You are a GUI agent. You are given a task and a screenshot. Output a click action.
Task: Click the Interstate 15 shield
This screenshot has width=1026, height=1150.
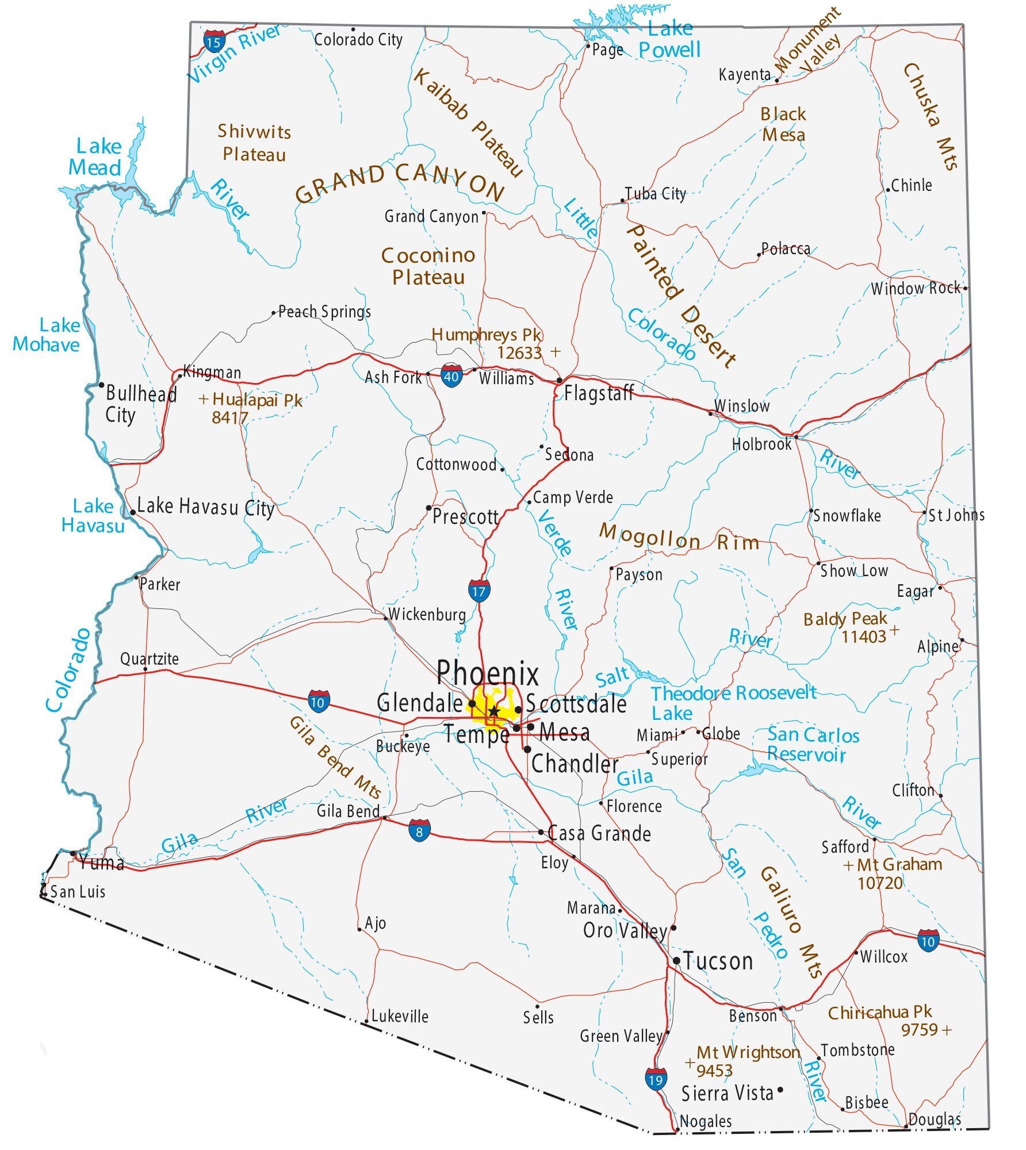213,41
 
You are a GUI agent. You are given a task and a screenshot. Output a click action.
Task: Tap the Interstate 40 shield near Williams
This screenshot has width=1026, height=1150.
451,376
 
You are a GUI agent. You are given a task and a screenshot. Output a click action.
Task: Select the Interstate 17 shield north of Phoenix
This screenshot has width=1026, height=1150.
478,591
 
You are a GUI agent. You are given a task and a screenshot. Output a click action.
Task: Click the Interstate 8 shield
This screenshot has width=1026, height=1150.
420,831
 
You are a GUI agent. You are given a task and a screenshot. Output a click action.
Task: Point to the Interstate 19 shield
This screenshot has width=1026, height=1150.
656,1079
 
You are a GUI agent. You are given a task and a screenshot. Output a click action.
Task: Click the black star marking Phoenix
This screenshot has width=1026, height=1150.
493,712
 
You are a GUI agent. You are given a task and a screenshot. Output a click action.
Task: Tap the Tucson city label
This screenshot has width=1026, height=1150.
717,961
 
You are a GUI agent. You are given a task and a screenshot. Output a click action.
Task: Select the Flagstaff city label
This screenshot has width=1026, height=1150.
598,393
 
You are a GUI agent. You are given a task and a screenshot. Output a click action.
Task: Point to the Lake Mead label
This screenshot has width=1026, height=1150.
96,157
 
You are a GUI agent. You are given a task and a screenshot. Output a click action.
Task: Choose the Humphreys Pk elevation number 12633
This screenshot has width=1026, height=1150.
519,352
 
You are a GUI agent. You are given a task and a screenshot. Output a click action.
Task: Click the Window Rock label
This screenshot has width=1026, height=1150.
915,288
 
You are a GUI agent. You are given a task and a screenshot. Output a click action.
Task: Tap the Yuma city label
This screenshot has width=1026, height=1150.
102,862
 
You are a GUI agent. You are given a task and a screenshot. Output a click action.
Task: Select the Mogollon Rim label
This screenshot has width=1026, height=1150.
679,538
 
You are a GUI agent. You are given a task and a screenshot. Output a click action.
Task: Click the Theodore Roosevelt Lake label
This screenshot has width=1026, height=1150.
733,702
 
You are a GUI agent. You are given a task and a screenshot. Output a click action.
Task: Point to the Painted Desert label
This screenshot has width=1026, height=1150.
682,296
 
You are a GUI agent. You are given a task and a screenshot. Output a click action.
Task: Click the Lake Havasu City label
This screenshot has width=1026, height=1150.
205,508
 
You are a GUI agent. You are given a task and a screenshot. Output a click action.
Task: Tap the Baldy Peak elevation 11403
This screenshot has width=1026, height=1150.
863,637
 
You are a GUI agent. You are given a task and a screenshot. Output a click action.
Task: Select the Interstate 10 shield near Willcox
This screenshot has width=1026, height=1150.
928,941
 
